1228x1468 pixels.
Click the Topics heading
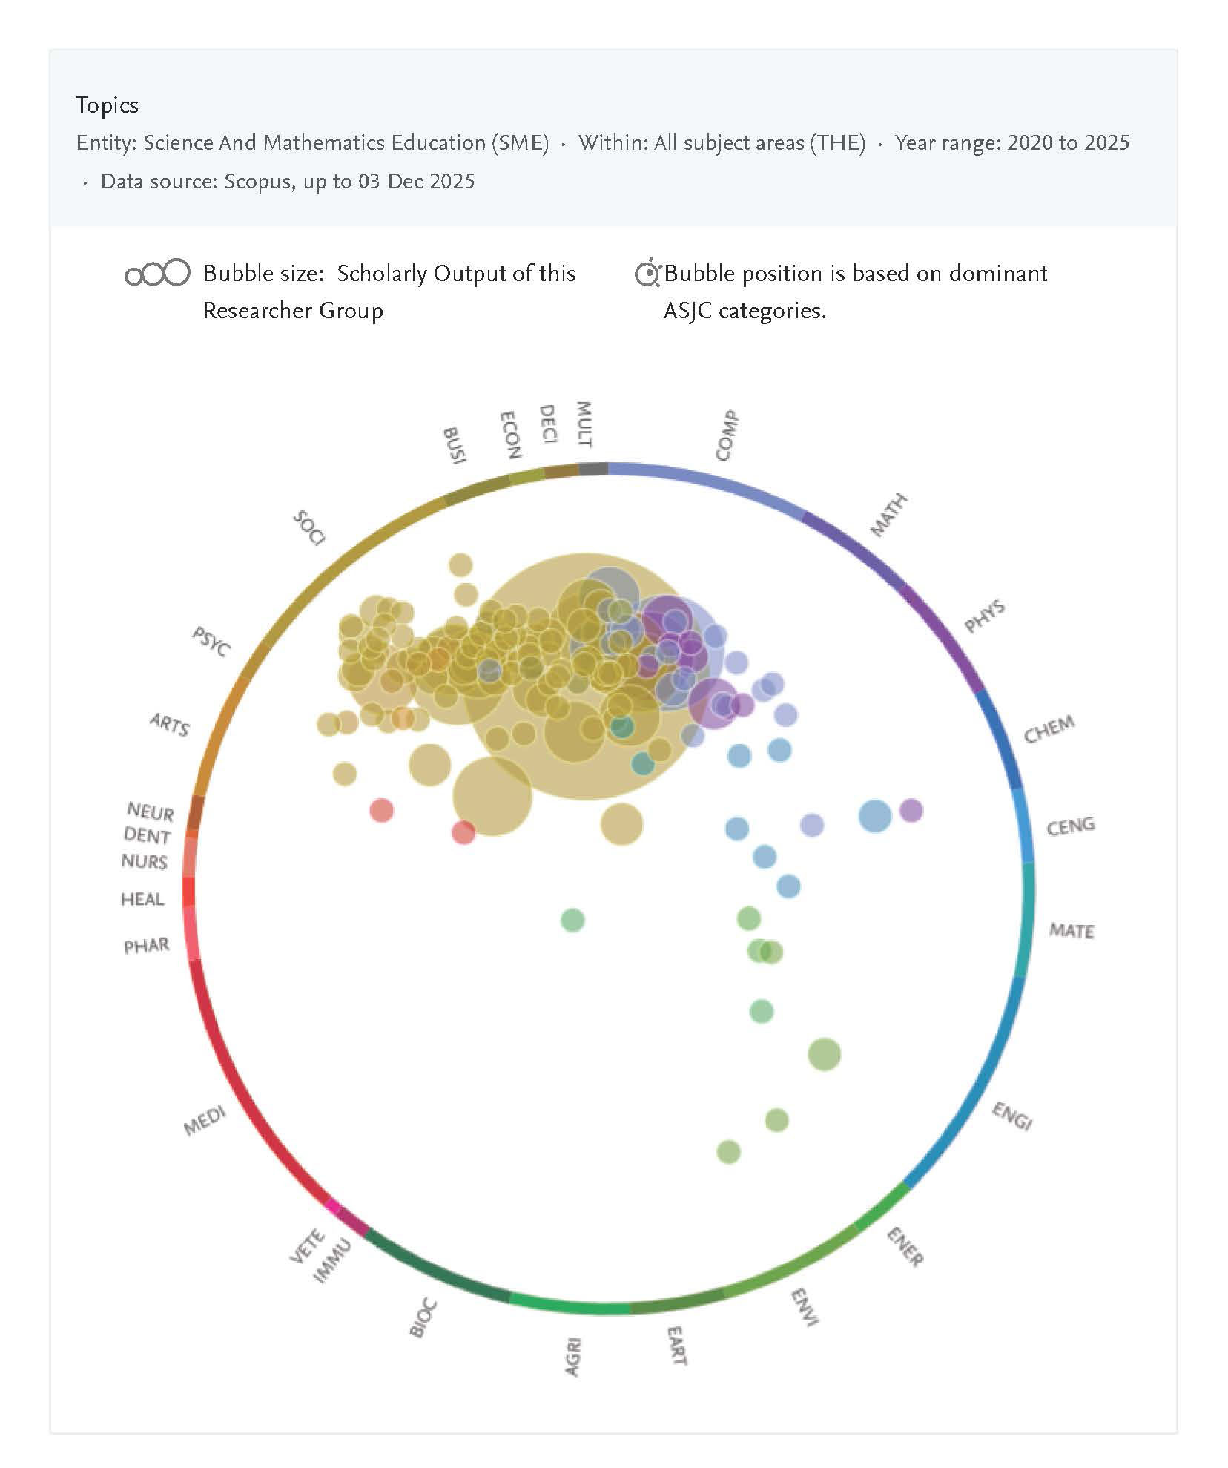107,105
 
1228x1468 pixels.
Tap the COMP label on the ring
727,435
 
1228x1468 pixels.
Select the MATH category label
888,515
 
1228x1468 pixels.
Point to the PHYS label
984,616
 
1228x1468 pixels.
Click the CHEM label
1049,729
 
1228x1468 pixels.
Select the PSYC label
211,641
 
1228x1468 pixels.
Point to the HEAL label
142,899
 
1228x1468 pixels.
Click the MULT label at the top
584,424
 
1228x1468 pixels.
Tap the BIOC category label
423,1318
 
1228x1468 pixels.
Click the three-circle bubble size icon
157,274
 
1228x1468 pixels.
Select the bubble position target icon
647,274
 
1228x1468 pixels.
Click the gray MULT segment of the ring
592,468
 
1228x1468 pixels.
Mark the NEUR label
151,812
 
